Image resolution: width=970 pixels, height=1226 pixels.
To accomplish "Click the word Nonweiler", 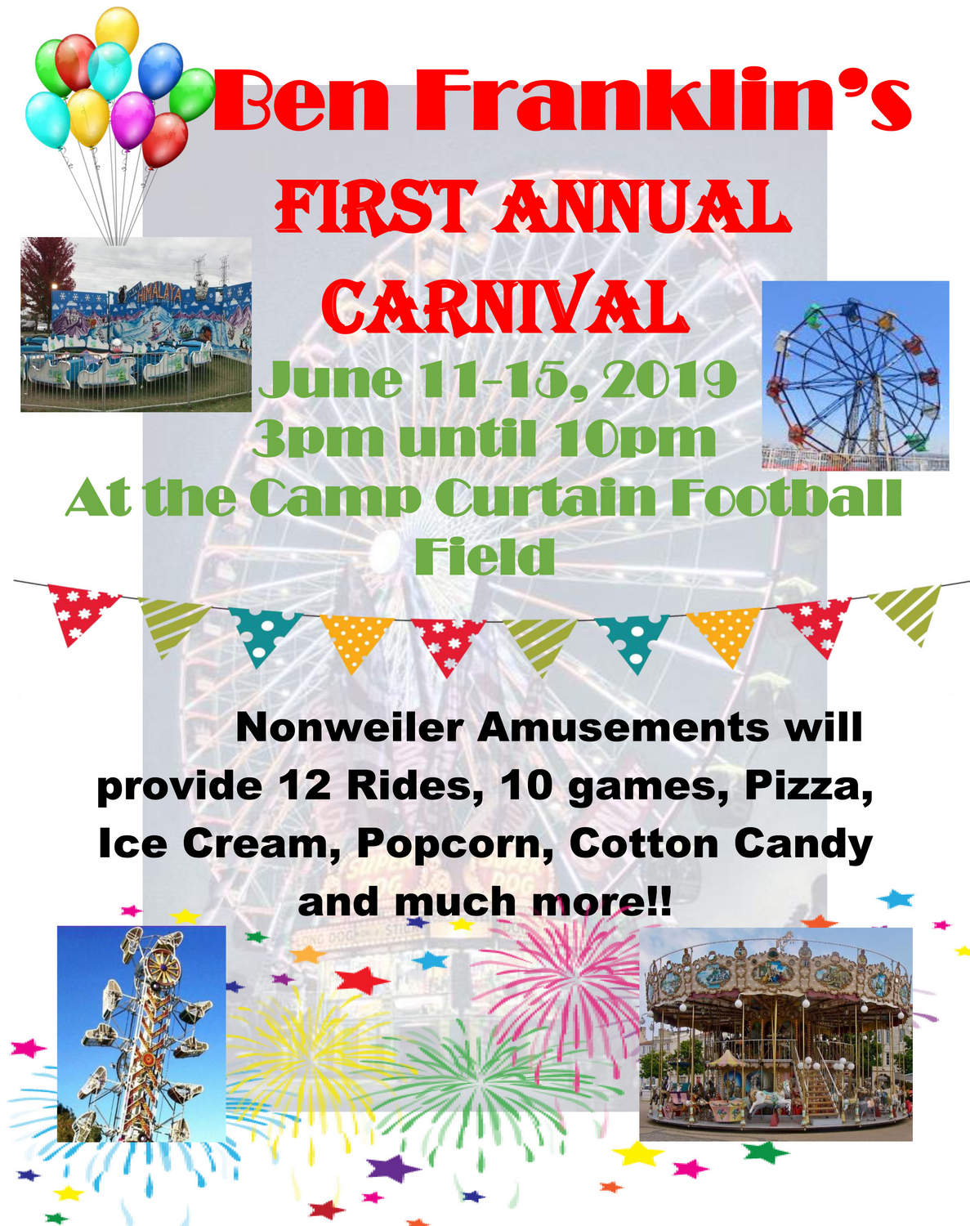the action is tap(350, 727).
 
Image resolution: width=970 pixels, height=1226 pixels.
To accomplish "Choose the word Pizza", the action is tap(809, 787).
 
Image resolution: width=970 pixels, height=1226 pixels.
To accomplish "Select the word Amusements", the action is tap(624, 727).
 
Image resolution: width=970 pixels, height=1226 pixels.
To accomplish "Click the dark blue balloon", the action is tap(160, 70).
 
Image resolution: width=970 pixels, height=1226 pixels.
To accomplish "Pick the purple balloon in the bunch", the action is tap(132, 120).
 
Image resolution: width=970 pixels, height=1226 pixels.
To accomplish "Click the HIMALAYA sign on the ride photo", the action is tap(159, 294).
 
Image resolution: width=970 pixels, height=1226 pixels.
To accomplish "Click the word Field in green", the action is tap(484, 557).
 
